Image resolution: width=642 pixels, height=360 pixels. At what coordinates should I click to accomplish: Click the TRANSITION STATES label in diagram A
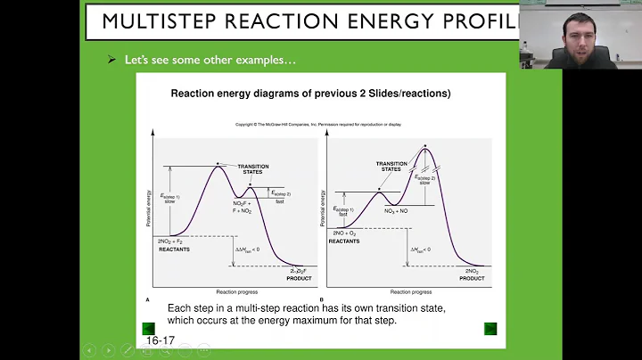pos(253,169)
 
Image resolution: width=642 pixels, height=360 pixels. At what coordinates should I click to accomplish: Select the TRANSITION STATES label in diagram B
pos(391,167)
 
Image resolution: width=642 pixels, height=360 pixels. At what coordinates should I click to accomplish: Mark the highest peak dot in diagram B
pos(426,146)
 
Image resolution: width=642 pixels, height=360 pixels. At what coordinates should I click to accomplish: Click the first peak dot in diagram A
pos(217,164)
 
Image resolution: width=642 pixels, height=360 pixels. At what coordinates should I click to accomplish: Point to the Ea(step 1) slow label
pos(169,200)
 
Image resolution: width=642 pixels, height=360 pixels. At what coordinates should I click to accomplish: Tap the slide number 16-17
pos(160,340)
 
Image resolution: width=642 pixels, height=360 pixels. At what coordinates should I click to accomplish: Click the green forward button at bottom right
pos(490,328)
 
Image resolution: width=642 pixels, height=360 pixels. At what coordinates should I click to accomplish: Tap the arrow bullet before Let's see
pos(111,61)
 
